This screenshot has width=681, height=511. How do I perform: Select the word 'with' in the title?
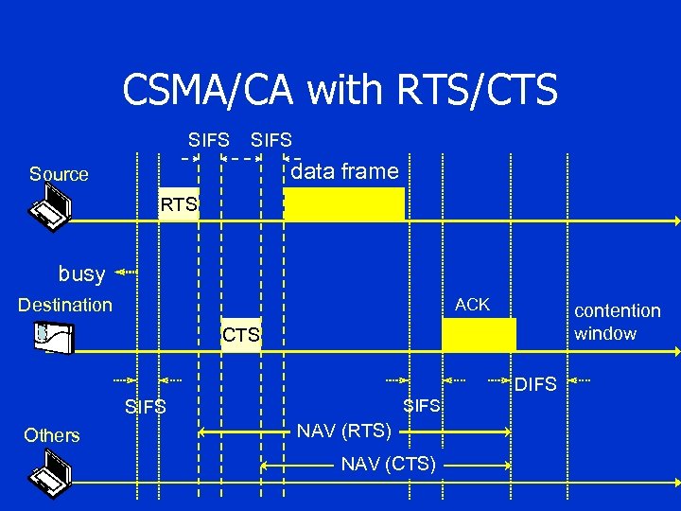341,91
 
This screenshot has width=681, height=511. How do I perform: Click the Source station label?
59,174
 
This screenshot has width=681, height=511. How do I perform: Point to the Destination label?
65,305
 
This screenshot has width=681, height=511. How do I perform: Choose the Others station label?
52,435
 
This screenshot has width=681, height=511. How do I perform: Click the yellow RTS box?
179,204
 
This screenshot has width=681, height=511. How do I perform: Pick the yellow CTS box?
240,335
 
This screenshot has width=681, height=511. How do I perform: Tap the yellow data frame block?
344,204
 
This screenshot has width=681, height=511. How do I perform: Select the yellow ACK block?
479,335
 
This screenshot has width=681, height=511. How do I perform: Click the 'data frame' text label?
344,171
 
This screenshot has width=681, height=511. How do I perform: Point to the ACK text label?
472,305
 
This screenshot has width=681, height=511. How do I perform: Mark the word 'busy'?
81,274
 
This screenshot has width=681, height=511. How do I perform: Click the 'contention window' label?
617,322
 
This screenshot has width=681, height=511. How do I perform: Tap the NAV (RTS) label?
344,432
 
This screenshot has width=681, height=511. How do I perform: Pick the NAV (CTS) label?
389,464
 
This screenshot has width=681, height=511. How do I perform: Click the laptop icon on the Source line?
49,205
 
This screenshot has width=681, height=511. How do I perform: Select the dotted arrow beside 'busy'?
126,273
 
